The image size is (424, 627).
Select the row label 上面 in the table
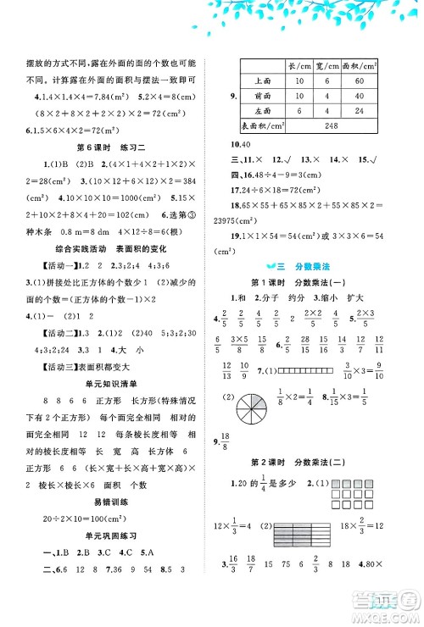[x=262, y=80]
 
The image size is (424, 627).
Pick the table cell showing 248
[x=331, y=126]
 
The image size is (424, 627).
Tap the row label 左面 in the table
[x=262, y=111]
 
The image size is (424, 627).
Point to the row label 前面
[x=262, y=96]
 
